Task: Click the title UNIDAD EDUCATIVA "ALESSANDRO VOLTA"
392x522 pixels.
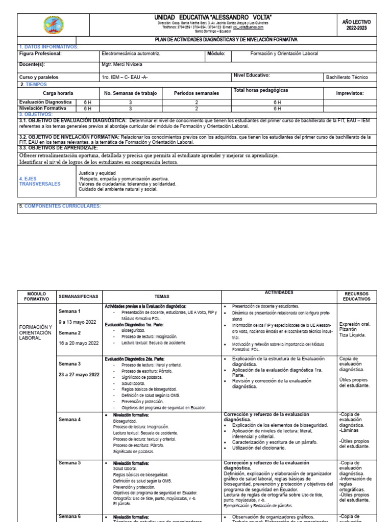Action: click(x=213, y=18)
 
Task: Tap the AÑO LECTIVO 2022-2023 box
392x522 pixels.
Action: click(x=357, y=25)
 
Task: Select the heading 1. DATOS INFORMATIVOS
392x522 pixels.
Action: click(x=48, y=47)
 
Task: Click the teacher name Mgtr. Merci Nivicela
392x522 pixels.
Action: click(x=122, y=65)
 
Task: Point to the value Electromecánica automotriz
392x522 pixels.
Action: click(x=131, y=54)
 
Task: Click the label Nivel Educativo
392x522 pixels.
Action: click(x=251, y=75)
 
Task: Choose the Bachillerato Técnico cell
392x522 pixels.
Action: click(x=347, y=77)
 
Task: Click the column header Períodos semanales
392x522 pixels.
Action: click(x=196, y=93)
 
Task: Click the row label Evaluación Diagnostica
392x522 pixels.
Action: click(x=45, y=102)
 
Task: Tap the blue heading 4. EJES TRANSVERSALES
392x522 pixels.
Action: click(x=39, y=181)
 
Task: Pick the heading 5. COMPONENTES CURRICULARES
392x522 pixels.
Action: click(x=60, y=206)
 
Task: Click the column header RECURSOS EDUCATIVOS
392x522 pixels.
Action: click(x=357, y=296)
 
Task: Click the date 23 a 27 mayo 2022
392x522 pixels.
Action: click(x=79, y=375)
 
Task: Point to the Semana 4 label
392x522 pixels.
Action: click(x=69, y=420)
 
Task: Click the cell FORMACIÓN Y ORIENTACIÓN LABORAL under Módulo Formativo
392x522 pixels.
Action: click(x=36, y=332)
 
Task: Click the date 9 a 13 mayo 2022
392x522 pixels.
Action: click(x=78, y=322)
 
